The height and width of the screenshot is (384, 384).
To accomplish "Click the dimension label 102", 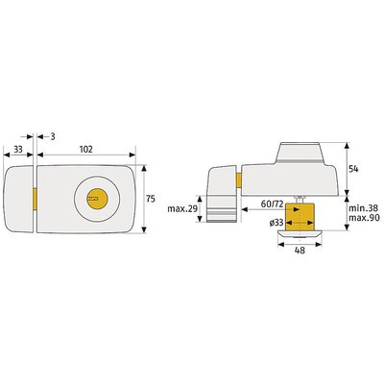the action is pyautogui.click(x=85, y=150).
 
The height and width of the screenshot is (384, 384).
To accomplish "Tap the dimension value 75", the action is pyautogui.click(x=151, y=199).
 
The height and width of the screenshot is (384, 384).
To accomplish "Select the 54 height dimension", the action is pyautogui.click(x=353, y=169).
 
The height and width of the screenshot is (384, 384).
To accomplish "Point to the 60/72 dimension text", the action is pyautogui.click(x=272, y=204).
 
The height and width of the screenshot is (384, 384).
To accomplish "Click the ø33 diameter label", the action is pyautogui.click(x=276, y=223).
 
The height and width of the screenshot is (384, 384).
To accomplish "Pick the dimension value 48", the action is pyautogui.click(x=300, y=251).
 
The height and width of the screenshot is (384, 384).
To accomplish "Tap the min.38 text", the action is pyautogui.click(x=363, y=208).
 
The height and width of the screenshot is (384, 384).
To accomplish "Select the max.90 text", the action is pyautogui.click(x=364, y=218).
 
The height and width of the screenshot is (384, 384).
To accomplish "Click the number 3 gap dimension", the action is pyautogui.click(x=53, y=136).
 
